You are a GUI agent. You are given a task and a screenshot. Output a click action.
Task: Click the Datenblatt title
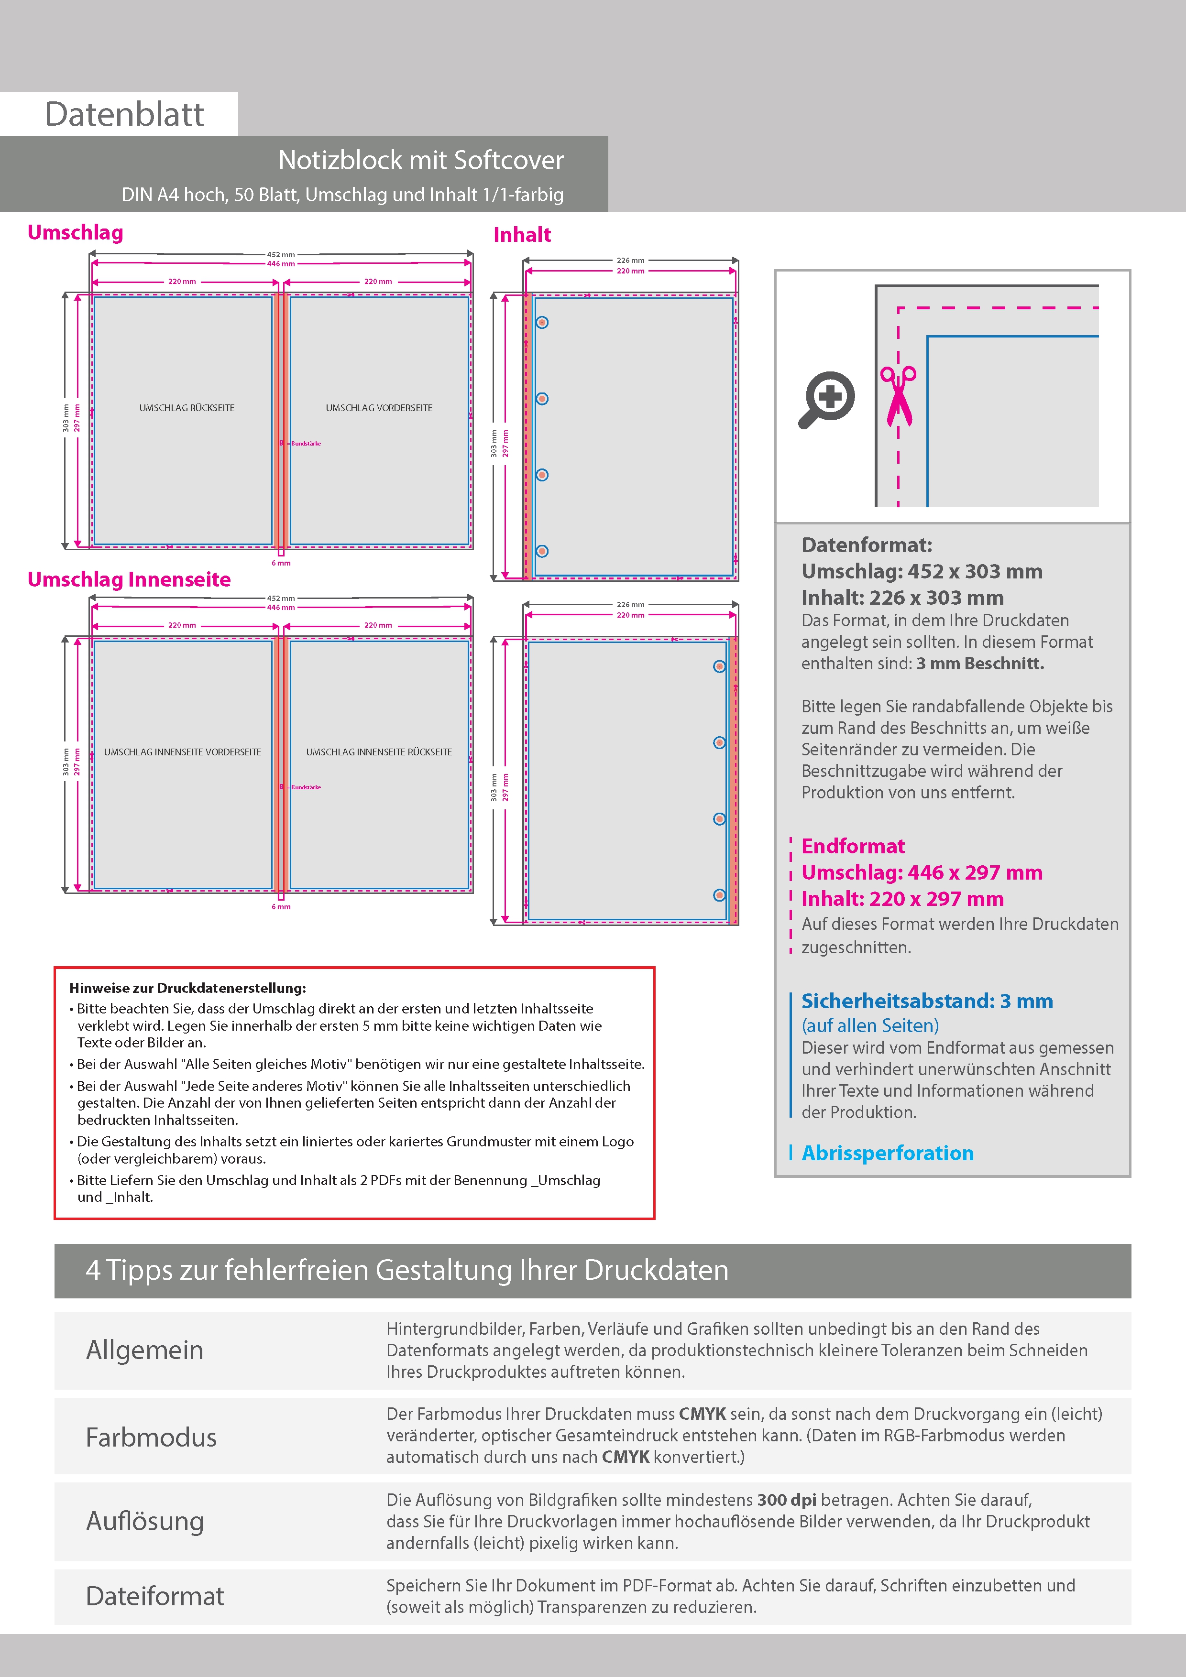[124, 115]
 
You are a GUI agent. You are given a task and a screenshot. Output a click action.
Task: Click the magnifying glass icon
[826, 400]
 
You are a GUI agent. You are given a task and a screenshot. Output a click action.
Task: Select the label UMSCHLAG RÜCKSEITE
[187, 408]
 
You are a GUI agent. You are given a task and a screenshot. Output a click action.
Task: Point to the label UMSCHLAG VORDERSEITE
[379, 408]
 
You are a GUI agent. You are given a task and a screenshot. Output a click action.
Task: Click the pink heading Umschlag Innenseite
[129, 580]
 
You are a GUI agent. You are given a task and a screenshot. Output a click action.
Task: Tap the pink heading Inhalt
[522, 235]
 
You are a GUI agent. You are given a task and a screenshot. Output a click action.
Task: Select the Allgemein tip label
[145, 1350]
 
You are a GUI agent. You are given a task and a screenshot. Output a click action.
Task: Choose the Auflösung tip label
[145, 1522]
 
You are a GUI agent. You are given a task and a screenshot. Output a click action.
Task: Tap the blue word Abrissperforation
[887, 1154]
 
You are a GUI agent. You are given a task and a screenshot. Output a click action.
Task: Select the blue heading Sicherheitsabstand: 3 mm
[927, 1002]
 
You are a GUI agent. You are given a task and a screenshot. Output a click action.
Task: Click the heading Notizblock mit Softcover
[421, 161]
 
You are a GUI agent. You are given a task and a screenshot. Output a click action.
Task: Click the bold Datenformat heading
[867, 545]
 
